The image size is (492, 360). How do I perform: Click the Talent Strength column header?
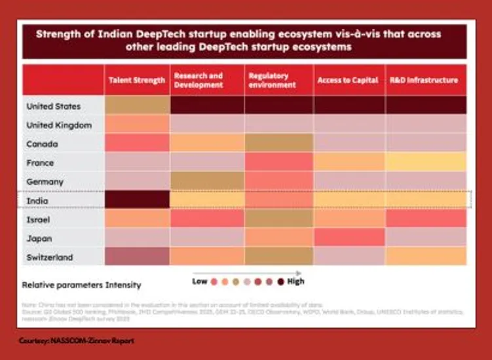click(136, 81)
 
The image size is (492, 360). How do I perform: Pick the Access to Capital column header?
click(347, 81)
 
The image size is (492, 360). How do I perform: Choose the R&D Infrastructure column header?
click(424, 81)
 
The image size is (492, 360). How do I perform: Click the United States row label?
click(54, 106)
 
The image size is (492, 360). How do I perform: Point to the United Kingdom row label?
click(59, 125)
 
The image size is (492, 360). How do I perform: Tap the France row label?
click(41, 162)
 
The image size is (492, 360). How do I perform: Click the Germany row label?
click(45, 181)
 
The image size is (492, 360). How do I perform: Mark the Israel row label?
click(39, 219)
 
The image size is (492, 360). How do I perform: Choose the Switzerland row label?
click(50, 257)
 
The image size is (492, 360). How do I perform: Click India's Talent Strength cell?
click(136, 200)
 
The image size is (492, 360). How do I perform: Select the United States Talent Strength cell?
click(136, 106)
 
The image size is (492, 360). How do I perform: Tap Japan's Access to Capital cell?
click(348, 238)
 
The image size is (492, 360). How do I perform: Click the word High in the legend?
click(295, 281)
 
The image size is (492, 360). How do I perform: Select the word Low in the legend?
click(200, 281)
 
